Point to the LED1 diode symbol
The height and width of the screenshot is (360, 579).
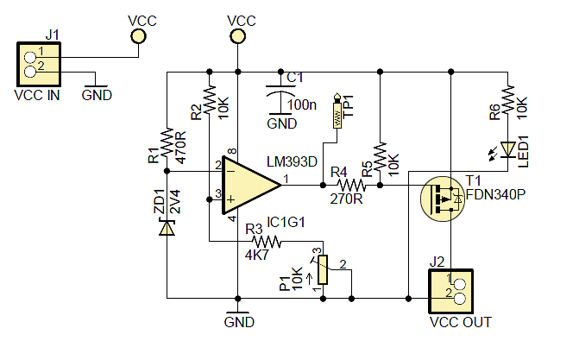tap(509, 149)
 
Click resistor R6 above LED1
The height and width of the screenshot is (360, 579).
tap(509, 97)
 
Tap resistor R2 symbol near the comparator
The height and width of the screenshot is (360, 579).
tap(208, 97)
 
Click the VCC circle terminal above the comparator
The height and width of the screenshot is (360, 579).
tap(236, 36)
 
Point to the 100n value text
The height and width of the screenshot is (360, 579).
tap(302, 104)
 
